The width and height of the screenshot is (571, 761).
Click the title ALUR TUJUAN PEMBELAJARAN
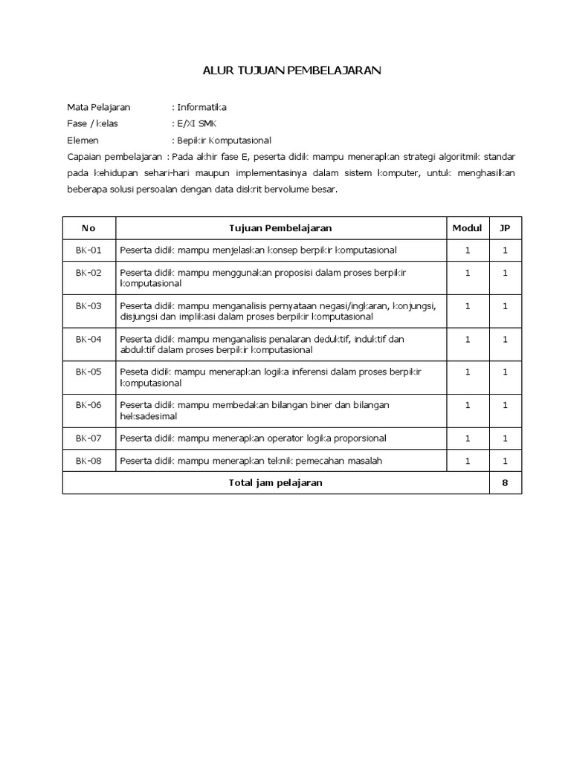click(x=292, y=71)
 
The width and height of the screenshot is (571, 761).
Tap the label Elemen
click(x=83, y=140)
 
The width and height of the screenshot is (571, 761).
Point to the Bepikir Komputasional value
click(x=224, y=140)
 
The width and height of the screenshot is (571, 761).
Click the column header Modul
click(x=467, y=228)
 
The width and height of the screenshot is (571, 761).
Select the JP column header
click(x=505, y=228)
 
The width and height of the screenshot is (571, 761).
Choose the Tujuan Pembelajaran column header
click(x=280, y=228)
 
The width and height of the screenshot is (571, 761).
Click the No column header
click(x=88, y=228)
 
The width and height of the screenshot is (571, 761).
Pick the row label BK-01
click(x=88, y=250)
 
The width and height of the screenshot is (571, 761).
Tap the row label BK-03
click(x=88, y=305)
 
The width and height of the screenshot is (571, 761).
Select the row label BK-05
click(x=88, y=372)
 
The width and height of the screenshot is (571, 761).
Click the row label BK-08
click(x=88, y=461)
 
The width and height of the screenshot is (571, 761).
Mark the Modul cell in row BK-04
click(x=468, y=339)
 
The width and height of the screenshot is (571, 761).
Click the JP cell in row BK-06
click(x=505, y=405)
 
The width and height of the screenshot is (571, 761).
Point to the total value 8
click(x=505, y=482)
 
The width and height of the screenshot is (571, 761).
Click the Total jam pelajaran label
click(x=275, y=482)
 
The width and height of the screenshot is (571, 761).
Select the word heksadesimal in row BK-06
click(x=149, y=416)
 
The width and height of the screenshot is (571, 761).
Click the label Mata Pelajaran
click(x=99, y=108)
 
